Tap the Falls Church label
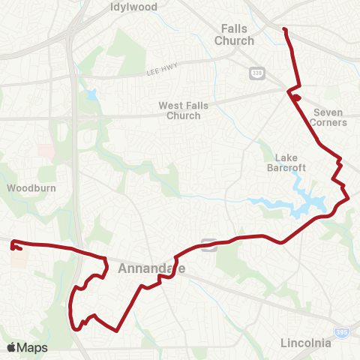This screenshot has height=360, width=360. tap(235, 34)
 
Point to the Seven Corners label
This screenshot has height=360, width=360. tap(328, 117)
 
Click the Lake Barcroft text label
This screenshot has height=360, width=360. tap(287, 163)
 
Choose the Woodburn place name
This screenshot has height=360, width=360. tap(28, 187)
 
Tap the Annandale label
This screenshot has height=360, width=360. tap(151, 268)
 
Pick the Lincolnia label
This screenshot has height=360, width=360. tap(305, 343)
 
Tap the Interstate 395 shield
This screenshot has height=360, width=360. tap(343, 331)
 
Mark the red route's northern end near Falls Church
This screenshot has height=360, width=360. tap(284, 29)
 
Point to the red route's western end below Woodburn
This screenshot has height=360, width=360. tap(13, 241)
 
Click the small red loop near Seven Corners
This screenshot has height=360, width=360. tap(297, 97)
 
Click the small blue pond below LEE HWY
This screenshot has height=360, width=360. tap(91, 94)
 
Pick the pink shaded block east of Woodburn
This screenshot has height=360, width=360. tap(46, 150)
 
